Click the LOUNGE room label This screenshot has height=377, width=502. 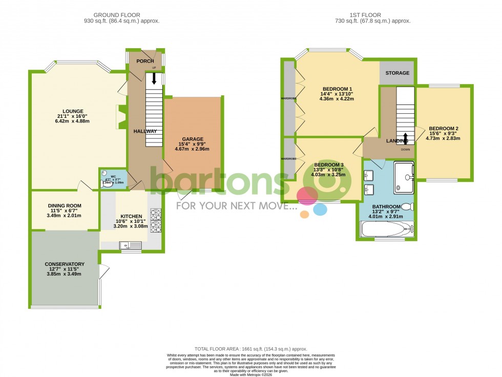pyautogui.click(x=73, y=111)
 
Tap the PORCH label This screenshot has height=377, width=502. pyautogui.click(x=144, y=61)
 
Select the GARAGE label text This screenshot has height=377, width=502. pyautogui.click(x=192, y=139)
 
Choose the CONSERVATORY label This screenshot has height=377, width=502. pyautogui.click(x=65, y=264)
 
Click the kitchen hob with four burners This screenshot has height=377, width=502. pyautogui.click(x=155, y=220)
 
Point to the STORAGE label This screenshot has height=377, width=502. pyautogui.click(x=398, y=73)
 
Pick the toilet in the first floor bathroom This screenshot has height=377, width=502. pyautogui.click(x=407, y=206)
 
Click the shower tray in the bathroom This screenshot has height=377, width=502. pyautogui.click(x=403, y=177)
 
